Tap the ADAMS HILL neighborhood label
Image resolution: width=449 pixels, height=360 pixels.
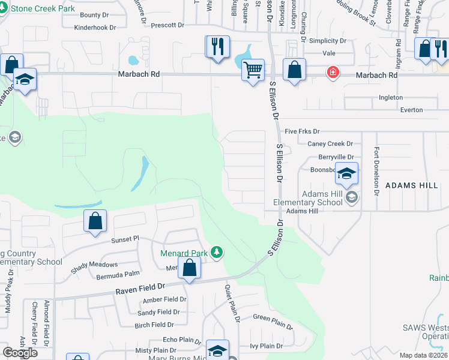pos(412,185)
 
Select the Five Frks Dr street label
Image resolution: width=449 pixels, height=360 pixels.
pos(303,131)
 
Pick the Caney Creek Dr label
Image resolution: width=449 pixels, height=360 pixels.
pos(330,143)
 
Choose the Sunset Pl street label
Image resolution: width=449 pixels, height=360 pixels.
pos(125,239)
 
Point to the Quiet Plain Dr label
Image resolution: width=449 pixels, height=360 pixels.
pos(232,304)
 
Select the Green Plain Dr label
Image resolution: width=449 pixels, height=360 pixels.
pos(273,322)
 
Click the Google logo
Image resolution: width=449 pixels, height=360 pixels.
pos(20,352)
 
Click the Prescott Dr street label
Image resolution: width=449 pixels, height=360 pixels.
pos(167,25)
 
